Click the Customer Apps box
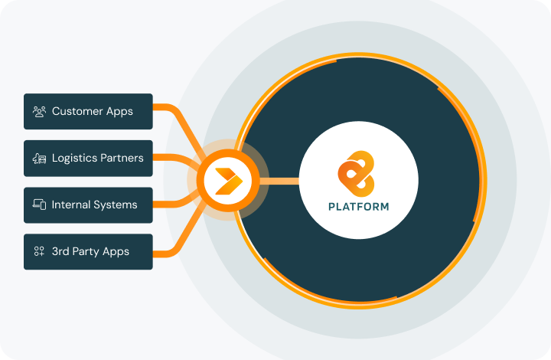[x=88, y=111]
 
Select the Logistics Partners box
[x=88, y=158]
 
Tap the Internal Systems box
[x=88, y=205]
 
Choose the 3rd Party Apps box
[x=88, y=251]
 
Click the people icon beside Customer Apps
[x=40, y=111]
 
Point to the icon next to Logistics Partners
[x=40, y=159]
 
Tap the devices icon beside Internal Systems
[x=40, y=205]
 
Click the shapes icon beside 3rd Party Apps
[x=39, y=251]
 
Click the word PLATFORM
[x=358, y=206]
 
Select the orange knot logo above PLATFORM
[x=357, y=173]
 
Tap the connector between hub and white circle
[x=279, y=181]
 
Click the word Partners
[x=122, y=158]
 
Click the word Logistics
[x=74, y=159]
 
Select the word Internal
[x=71, y=205]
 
